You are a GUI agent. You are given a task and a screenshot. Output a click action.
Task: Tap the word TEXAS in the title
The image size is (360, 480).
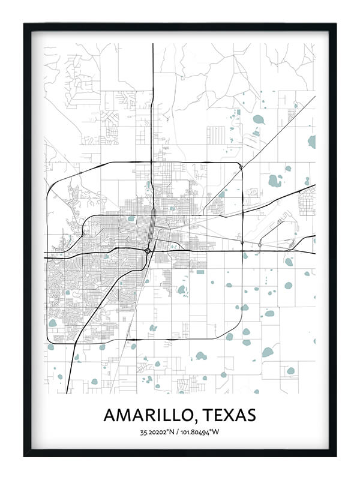pyautogui.click(x=229, y=415)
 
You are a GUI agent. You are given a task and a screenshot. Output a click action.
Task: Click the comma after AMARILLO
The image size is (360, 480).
pyautogui.click(x=196, y=419)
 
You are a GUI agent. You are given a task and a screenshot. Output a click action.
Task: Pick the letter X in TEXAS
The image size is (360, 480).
pyautogui.click(x=231, y=415)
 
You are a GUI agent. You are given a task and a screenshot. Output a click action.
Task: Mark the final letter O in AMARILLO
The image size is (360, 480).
pyautogui.click(x=189, y=415)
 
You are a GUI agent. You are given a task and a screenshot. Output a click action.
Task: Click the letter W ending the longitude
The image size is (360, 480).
pyautogui.click(x=218, y=432)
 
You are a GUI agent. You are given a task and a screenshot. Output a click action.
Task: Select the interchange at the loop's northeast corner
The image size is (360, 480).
pyautogui.click(x=240, y=167)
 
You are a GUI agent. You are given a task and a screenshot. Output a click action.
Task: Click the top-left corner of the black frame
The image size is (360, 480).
pyautogui.click(x=25, y=25)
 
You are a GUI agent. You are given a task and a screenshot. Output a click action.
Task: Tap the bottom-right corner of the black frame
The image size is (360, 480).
pyautogui.click(x=335, y=456)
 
